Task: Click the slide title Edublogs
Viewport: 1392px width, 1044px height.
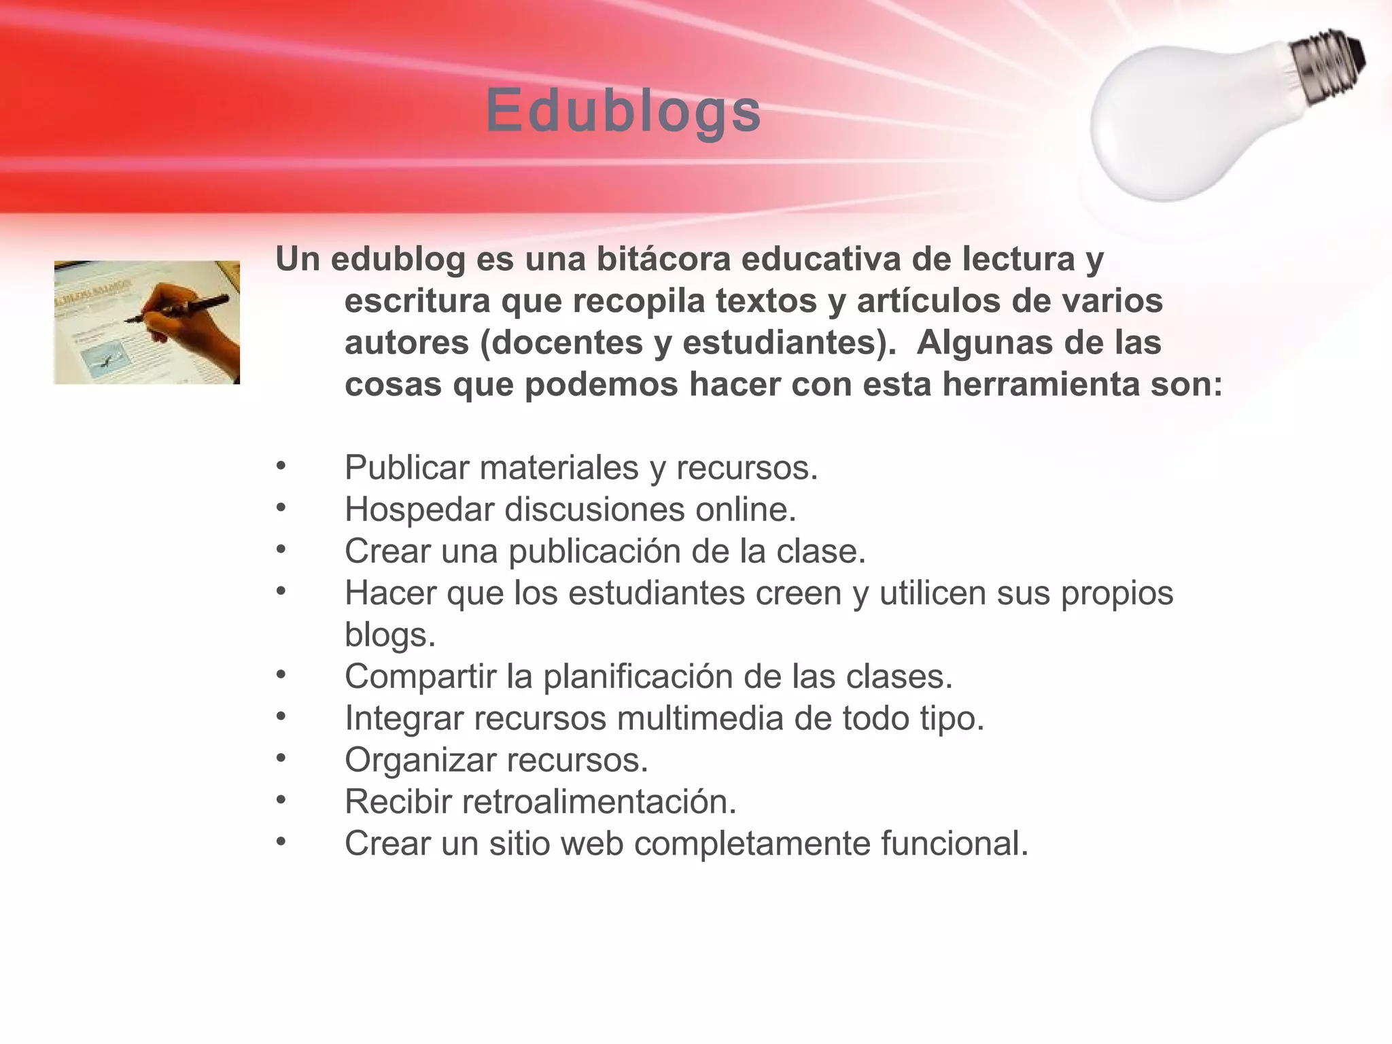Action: click(623, 111)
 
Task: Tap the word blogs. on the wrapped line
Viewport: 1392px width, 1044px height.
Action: click(389, 635)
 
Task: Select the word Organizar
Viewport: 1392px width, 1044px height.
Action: click(420, 761)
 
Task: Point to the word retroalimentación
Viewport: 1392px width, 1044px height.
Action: click(599, 802)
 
